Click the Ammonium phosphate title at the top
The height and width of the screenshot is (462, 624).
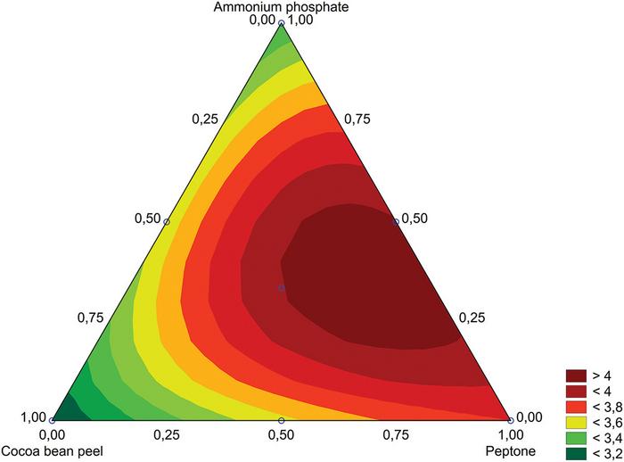(281, 7)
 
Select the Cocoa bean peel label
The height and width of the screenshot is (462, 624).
(53, 451)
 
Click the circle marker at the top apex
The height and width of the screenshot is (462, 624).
(282, 23)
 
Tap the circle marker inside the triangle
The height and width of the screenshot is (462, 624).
(282, 288)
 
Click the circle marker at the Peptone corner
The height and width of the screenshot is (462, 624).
(510, 420)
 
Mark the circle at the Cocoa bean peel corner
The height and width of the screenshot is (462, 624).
(53, 420)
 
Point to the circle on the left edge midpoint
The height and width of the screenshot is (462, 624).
(167, 221)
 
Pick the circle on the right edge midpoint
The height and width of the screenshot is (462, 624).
(396, 221)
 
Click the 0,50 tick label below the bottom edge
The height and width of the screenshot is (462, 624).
(281, 435)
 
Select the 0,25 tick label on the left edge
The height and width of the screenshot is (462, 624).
(206, 120)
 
